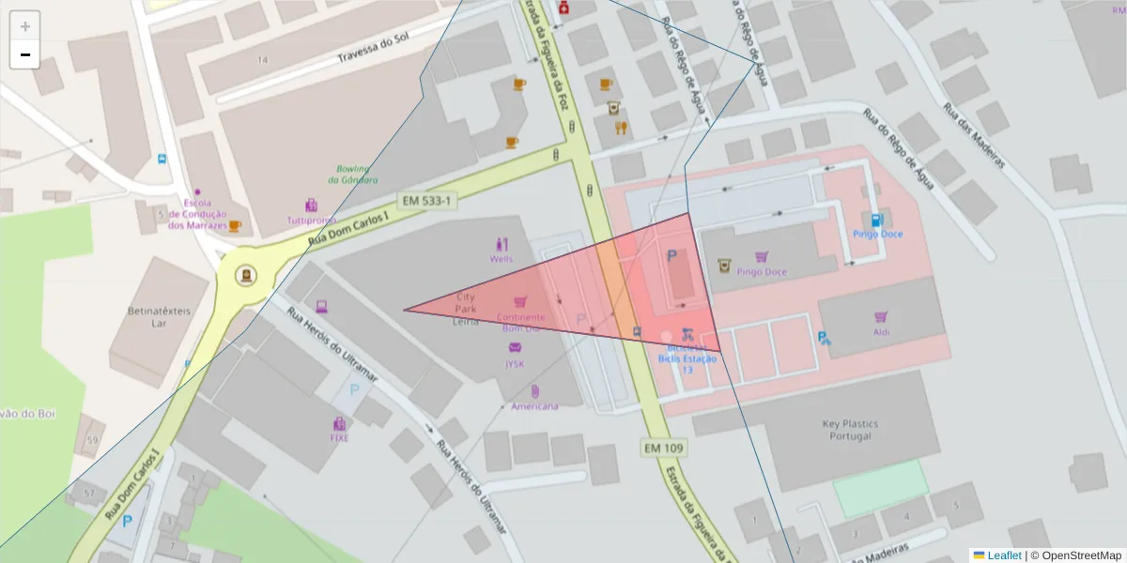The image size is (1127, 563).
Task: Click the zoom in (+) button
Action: (x=25, y=26)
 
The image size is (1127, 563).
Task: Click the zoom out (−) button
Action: (x=25, y=54)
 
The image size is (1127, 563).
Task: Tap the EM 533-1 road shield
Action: (x=427, y=201)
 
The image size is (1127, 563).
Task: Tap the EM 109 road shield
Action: (x=664, y=448)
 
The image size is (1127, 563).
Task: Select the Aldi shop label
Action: (x=881, y=332)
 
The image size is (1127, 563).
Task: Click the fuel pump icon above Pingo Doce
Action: (x=877, y=220)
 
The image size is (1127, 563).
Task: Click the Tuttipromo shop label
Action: (x=311, y=221)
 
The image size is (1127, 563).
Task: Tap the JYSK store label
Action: (x=515, y=363)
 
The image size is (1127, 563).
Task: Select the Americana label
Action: (x=534, y=406)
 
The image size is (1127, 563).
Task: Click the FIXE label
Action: (x=339, y=437)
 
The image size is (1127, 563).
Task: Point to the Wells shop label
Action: (x=501, y=258)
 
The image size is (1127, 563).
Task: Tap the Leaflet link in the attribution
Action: (x=1004, y=555)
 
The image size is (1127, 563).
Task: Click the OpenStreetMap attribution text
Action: (x=1075, y=555)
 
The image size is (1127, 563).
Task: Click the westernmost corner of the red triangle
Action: (x=405, y=310)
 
